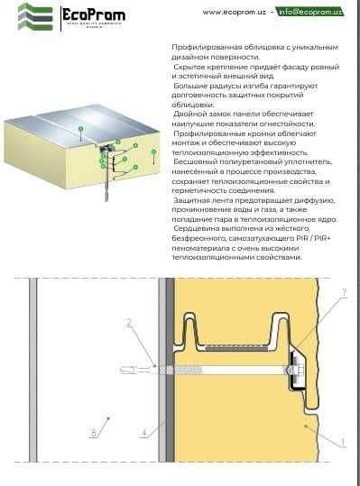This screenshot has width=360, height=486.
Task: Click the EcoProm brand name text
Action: [x=94, y=14]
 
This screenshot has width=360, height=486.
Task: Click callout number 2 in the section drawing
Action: [x=129, y=322]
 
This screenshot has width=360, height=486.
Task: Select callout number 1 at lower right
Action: [x=342, y=442]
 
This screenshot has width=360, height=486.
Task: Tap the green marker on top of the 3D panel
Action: [x=79, y=130]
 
